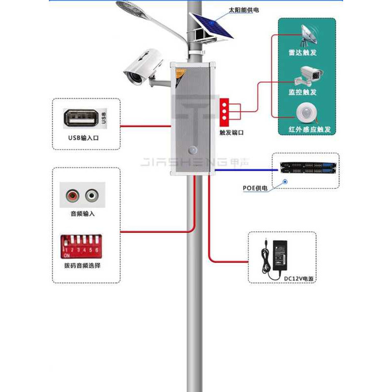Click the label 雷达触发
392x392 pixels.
point(303,52)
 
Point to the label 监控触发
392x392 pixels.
point(303,92)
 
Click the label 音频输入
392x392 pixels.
point(82,214)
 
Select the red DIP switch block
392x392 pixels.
point(81,246)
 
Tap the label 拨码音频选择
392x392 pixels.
point(82,266)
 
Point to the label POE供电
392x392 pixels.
point(256,188)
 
